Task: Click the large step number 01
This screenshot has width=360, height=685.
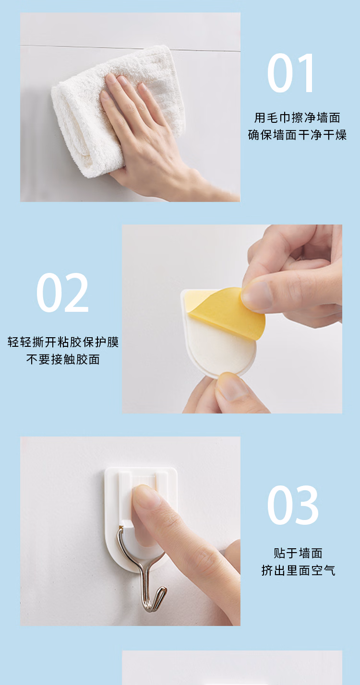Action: [x=290, y=73]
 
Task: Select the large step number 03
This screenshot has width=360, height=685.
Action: [x=293, y=505]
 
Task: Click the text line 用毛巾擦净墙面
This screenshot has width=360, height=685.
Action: [x=297, y=118]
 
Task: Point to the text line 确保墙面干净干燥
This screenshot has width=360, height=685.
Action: [x=297, y=135]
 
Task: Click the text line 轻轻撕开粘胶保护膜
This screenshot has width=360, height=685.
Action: [x=63, y=342]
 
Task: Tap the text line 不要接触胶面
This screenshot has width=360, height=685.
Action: [x=63, y=360]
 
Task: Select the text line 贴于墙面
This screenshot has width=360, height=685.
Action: [x=298, y=553]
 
